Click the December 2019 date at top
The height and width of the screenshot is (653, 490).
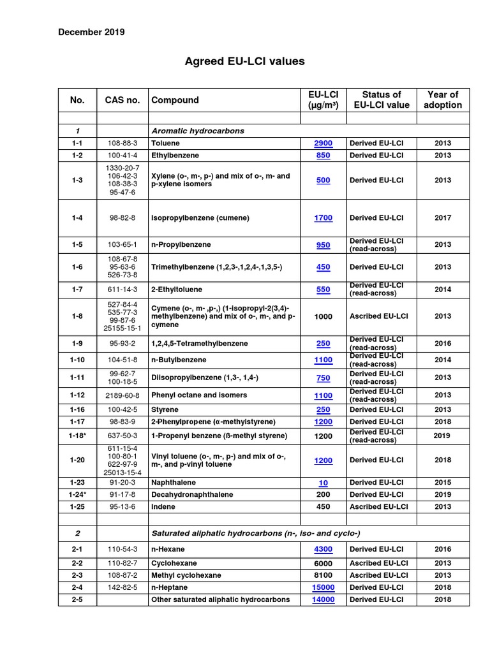click(x=92, y=32)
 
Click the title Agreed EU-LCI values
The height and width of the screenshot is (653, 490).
click(x=244, y=61)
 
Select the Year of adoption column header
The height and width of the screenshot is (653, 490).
click(x=442, y=99)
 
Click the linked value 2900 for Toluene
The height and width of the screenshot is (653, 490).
click(x=323, y=143)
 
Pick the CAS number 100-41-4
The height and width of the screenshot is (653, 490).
click(x=122, y=156)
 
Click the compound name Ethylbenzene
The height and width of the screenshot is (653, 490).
click(x=174, y=156)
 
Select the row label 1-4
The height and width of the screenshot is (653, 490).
click(x=77, y=218)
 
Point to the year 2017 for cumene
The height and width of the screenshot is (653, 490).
click(x=442, y=218)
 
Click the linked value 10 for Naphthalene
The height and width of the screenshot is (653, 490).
click(x=323, y=483)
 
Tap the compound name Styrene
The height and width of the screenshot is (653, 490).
click(x=165, y=410)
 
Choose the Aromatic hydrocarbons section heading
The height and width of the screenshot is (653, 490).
click(x=198, y=131)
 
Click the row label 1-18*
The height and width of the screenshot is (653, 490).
click(x=78, y=436)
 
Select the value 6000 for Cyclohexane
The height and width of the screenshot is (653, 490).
click(x=323, y=564)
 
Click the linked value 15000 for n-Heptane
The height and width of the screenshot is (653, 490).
click(x=323, y=587)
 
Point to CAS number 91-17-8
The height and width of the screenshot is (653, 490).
click(x=122, y=495)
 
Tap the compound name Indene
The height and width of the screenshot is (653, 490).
click(x=163, y=507)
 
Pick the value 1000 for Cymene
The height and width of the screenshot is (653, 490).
click(x=323, y=316)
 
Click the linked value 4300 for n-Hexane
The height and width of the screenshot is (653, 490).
click(x=323, y=549)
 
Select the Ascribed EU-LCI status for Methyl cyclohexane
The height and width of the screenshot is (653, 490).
click(x=378, y=575)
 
